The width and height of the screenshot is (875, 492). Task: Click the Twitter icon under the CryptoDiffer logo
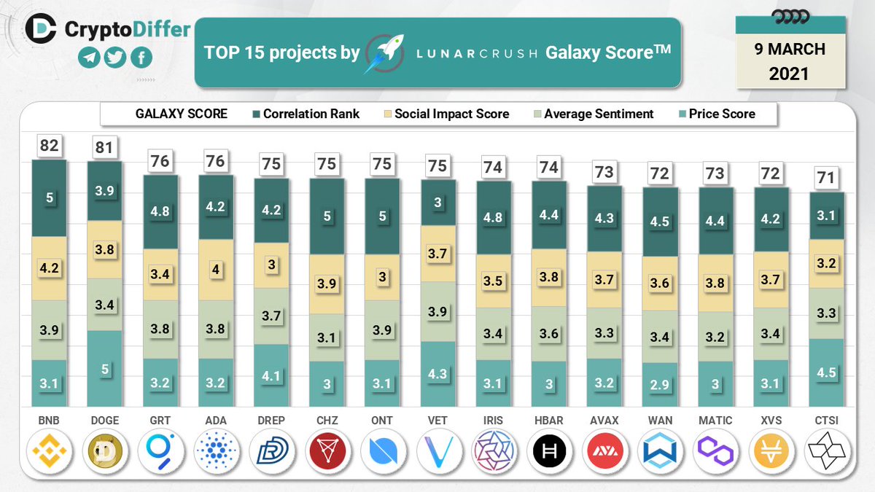click(114, 58)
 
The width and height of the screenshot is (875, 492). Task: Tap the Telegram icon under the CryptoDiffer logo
click(89, 58)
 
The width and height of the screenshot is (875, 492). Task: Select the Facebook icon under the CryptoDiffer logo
click(141, 58)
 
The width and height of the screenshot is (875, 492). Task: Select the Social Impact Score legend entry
click(446, 114)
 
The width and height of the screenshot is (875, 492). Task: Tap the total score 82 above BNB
click(49, 146)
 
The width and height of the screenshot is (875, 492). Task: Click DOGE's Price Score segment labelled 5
click(105, 370)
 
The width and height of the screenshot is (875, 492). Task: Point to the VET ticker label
click(438, 421)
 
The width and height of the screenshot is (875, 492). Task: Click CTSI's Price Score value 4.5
click(827, 372)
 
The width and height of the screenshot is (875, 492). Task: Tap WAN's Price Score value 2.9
click(660, 384)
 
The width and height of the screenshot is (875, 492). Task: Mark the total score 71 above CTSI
click(827, 178)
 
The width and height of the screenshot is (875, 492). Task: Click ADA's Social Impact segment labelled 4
click(216, 270)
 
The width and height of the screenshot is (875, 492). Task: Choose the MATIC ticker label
click(715, 421)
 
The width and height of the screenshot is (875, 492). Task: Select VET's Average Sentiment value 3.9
click(438, 311)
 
